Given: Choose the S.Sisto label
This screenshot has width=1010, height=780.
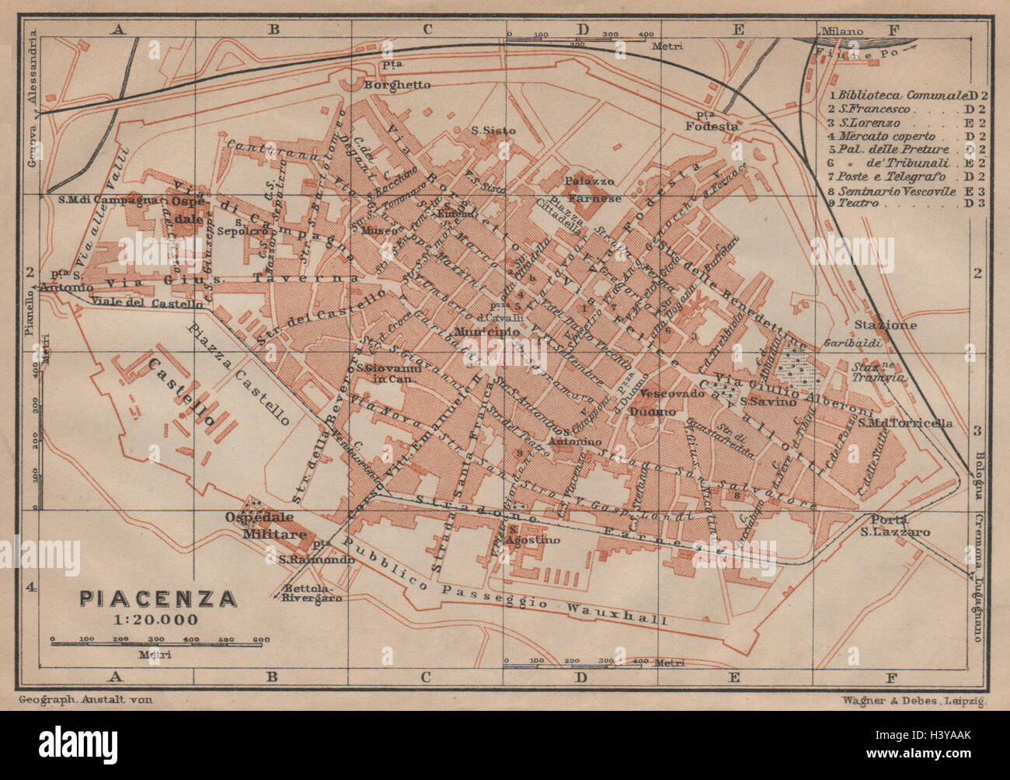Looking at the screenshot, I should (x=493, y=131).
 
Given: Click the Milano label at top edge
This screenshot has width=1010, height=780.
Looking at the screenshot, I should (x=844, y=32).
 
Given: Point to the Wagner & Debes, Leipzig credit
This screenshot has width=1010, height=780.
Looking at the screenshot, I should (x=913, y=700).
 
